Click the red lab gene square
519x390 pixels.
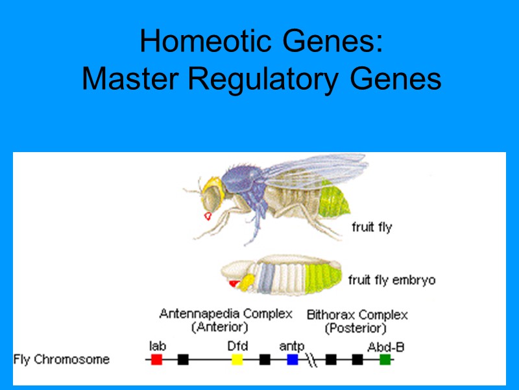pyautogui.click(x=156, y=359)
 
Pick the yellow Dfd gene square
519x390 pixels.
pyautogui.click(x=237, y=359)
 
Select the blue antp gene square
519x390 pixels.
pyautogui.click(x=293, y=359)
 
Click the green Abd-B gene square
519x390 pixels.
pyautogui.click(x=385, y=359)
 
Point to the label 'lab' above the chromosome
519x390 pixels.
pyautogui.click(x=156, y=346)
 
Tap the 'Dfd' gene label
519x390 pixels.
pyautogui.click(x=237, y=346)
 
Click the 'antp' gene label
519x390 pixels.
pyautogui.click(x=292, y=346)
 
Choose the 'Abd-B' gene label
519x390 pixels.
pyautogui.click(x=386, y=346)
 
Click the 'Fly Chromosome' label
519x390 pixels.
pyautogui.click(x=62, y=359)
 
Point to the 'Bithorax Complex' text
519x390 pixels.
pyautogui.click(x=357, y=315)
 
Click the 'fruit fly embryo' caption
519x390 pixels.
pyautogui.click(x=392, y=280)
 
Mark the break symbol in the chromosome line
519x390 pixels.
pyautogui.click(x=311, y=359)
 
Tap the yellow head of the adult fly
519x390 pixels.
pyautogui.click(x=211, y=189)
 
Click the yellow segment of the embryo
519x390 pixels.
pyautogui.click(x=247, y=281)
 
